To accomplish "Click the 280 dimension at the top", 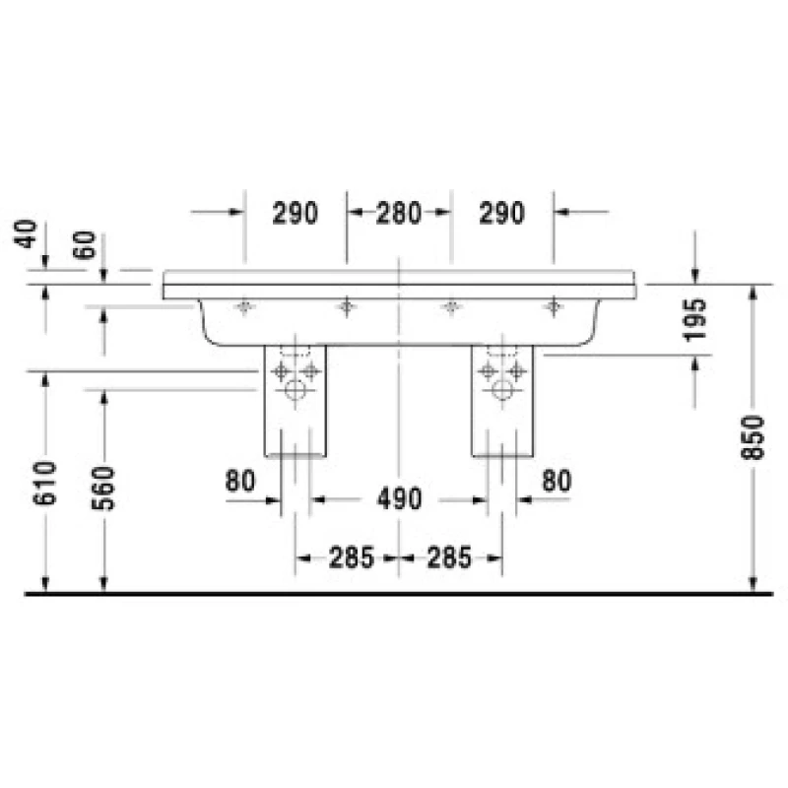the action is [399, 213].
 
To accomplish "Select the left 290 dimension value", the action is [295, 213].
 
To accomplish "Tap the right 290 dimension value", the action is [501, 213].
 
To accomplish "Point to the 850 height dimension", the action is [753, 437].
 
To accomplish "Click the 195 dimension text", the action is [695, 320].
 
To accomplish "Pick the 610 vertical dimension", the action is [44, 483].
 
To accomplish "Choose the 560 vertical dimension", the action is [103, 488].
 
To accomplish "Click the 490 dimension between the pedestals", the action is [400, 499].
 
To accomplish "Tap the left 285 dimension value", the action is [352, 558].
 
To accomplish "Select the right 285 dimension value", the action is [449, 558].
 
